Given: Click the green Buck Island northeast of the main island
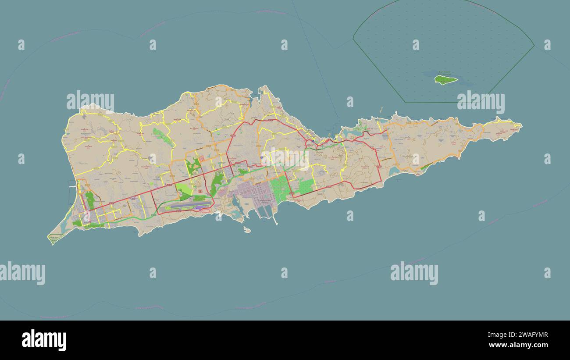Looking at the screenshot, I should click(445, 79).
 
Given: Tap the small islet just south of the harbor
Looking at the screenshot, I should click(247, 229).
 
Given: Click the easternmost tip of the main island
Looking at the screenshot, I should click(521, 125).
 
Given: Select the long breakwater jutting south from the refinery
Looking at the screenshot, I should click(275, 219).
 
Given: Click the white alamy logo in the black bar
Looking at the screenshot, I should click(44, 340).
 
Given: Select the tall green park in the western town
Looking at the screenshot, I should click(90, 200).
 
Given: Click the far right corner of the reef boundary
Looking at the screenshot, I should click(534, 45).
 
